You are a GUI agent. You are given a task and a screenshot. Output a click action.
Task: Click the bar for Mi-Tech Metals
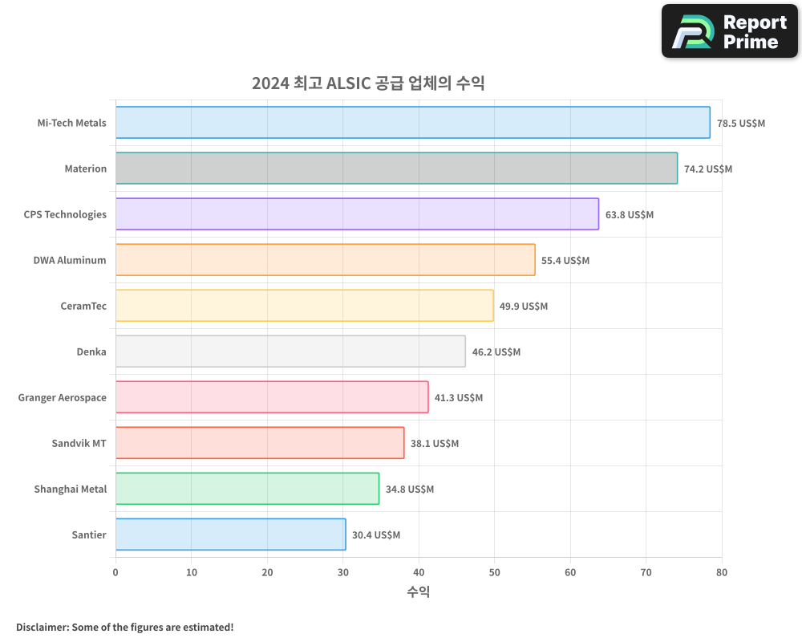tap(412, 123)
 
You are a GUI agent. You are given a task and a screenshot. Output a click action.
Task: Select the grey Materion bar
tap(396, 169)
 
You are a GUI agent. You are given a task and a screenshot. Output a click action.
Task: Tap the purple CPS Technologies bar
tap(357, 214)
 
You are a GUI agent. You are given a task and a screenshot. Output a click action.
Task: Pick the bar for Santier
tap(230, 534)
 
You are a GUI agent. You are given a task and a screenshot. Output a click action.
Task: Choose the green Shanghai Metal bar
tap(247, 489)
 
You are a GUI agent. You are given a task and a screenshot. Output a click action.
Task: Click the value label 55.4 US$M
tap(565, 260)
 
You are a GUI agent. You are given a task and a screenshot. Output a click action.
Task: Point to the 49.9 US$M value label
tap(524, 306)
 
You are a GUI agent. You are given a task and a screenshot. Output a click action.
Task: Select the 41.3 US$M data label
tap(459, 397)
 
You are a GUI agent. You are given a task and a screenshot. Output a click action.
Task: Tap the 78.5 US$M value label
tap(741, 123)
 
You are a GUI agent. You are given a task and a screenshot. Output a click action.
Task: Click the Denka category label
tap(91, 351)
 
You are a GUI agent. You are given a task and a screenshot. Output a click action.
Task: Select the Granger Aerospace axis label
tap(63, 397)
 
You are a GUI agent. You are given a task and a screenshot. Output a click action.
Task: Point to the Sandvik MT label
tap(79, 443)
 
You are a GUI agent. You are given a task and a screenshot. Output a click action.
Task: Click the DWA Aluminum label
tap(70, 260)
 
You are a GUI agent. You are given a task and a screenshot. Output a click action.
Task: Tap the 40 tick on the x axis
tap(419, 572)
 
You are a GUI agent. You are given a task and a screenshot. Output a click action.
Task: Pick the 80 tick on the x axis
tap(722, 572)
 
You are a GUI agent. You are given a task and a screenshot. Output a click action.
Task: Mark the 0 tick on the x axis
tap(115, 572)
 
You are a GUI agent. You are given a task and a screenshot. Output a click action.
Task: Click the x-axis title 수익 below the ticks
tap(419, 592)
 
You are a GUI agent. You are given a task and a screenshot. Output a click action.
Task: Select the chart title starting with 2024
tap(368, 83)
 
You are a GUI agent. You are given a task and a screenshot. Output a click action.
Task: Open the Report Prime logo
tap(730, 31)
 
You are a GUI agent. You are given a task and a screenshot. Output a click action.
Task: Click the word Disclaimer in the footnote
tap(41, 627)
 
